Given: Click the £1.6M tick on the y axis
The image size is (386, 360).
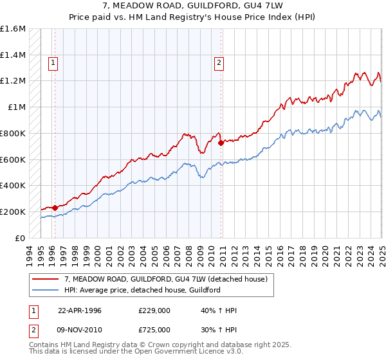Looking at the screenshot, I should pyautogui.click(x=14, y=29).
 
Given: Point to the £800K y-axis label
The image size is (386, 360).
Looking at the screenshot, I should pyautogui.click(x=13, y=133).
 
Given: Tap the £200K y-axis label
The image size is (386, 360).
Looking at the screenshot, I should pyautogui.click(x=13, y=212).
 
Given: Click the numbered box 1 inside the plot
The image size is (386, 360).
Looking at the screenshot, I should pyautogui.click(x=51, y=62).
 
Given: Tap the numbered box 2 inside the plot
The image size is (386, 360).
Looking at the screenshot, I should pyautogui.click(x=219, y=62).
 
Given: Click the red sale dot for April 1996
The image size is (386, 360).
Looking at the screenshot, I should pyautogui.click(x=55, y=208).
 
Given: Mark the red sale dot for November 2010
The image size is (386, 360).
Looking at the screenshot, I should pyautogui.click(x=221, y=143).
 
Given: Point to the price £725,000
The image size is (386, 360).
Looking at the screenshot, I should pyautogui.click(x=155, y=330).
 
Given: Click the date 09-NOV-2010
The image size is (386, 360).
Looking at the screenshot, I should pyautogui.click(x=79, y=330).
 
